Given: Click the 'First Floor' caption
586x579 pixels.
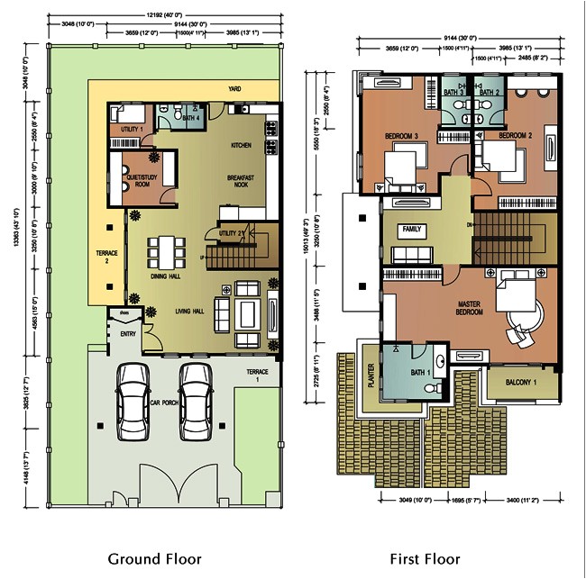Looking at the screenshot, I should coord(425,559).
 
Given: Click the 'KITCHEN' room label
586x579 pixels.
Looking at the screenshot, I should coord(241,145).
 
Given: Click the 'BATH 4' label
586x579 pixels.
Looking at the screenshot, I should coord(190,118).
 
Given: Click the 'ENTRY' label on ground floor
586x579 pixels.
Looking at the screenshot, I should coord(127,334).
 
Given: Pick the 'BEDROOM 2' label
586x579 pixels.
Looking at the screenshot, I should coord(516,135).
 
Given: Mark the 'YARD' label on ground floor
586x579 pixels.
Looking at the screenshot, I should coord(234,90).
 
